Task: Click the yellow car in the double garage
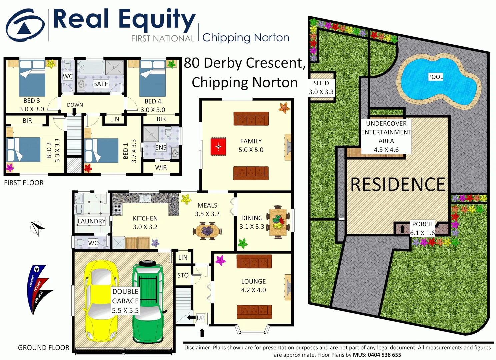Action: (101, 302)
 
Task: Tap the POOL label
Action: (435, 77)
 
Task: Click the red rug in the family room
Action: (218, 147)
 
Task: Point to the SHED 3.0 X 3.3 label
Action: (321, 88)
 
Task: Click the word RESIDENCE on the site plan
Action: (398, 185)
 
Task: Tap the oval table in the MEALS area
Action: (207, 231)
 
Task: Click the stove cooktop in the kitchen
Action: (117, 209)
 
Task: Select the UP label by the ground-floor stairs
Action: (200, 318)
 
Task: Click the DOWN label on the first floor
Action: (75, 105)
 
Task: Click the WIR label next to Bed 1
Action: (161, 168)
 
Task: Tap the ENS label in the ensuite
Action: (161, 147)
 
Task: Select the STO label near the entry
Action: (183, 275)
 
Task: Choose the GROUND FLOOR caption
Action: (44, 348)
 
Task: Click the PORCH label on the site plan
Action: (422, 224)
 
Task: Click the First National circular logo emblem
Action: (25, 26)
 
